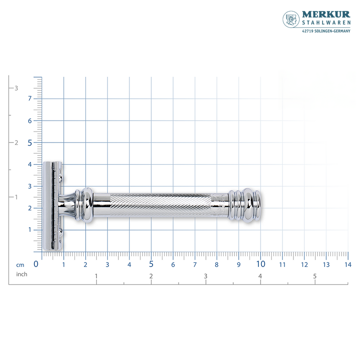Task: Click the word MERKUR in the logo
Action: coord(326,14)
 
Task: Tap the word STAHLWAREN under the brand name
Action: coord(326,22)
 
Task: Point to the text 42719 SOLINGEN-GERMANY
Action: coord(326,31)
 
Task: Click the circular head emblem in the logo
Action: coord(291,19)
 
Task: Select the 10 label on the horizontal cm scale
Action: coord(261,264)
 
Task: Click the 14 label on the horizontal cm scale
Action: coord(348,265)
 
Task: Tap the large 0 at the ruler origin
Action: coord(36,264)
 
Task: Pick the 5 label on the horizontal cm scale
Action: coord(151,264)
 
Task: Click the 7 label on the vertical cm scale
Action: coord(30,99)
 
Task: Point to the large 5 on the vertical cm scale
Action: coord(30,143)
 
